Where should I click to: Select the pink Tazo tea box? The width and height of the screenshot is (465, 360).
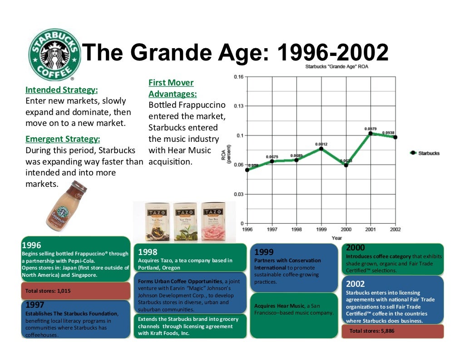pyautogui.click(x=213, y=221)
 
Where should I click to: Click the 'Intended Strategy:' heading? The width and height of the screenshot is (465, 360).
pyautogui.click(x=61, y=90)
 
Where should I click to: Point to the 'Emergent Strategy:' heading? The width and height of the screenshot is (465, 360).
pyautogui.click(x=63, y=139)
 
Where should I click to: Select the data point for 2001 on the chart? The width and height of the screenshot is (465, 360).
pyautogui.click(x=371, y=133)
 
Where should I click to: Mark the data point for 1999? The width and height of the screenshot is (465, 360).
pyautogui.click(x=321, y=148)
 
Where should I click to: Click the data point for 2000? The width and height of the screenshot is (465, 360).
pyautogui.click(x=346, y=165)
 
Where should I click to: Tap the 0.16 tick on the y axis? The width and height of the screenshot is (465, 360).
pyautogui.click(x=238, y=77)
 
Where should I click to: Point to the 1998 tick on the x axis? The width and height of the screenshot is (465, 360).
pyautogui.click(x=297, y=230)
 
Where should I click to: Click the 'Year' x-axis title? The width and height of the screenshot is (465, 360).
pyautogui.click(x=337, y=238)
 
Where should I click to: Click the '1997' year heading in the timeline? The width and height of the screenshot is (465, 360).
pyautogui.click(x=35, y=305)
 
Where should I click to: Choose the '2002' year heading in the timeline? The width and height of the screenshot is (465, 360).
pyautogui.click(x=355, y=284)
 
